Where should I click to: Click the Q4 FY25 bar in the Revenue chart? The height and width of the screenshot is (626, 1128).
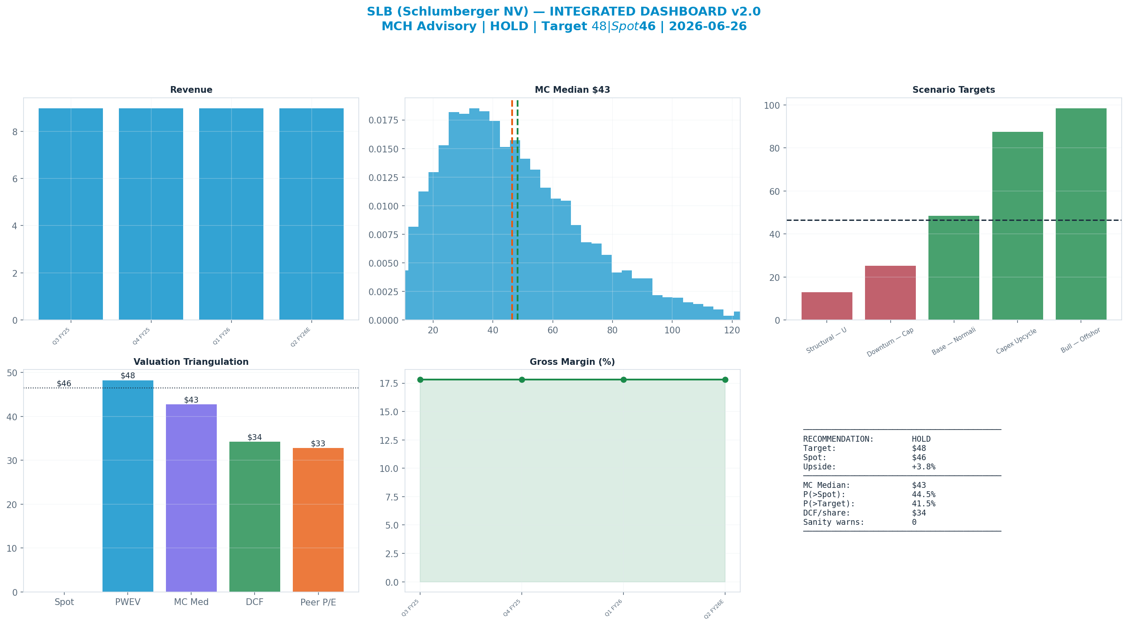151,214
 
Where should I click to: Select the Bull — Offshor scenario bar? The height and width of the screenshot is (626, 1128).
1081,214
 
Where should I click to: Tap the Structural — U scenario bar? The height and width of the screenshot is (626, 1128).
827,306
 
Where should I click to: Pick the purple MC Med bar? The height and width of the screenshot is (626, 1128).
191,498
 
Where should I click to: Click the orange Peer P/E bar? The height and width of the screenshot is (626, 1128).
318,520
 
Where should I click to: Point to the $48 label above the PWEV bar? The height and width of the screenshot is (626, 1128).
128,376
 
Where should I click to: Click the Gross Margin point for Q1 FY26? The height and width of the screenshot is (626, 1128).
623,380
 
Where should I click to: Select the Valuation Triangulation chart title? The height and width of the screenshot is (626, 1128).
191,362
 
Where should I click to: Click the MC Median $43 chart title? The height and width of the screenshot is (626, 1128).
572,90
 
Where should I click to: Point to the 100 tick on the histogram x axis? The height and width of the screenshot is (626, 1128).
672,330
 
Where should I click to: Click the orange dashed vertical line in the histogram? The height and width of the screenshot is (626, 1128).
512,210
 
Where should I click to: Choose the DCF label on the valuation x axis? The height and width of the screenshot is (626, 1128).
255,602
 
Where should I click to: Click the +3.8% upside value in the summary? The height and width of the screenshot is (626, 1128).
923,466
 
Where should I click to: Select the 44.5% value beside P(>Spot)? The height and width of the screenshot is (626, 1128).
923,495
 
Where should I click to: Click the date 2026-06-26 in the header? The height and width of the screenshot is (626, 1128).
707,26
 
